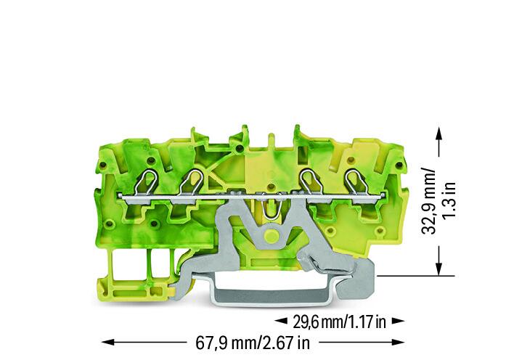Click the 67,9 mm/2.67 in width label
(x=253, y=343)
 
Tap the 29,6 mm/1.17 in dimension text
(x=339, y=322)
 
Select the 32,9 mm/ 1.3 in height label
(x=438, y=201)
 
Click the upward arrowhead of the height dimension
(x=438, y=134)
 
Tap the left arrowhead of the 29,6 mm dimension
(x=281, y=321)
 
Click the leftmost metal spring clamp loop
(x=145, y=183)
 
